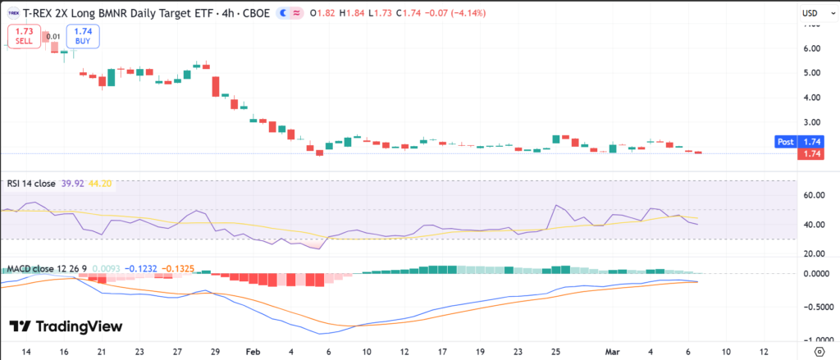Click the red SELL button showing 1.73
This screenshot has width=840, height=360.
coord(23,36)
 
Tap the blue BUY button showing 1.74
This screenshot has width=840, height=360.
coord(83,36)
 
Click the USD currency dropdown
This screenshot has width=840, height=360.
coord(813,13)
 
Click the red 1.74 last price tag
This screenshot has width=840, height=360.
coord(812,154)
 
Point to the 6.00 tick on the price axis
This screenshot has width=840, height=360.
coord(812,48)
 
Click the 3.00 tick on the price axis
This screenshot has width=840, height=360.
coord(812,121)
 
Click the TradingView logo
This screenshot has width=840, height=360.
coord(66,326)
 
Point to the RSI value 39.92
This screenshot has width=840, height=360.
coord(71,184)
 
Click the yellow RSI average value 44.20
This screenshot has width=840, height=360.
coord(101,184)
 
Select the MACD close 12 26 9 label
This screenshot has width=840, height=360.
coord(46,269)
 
